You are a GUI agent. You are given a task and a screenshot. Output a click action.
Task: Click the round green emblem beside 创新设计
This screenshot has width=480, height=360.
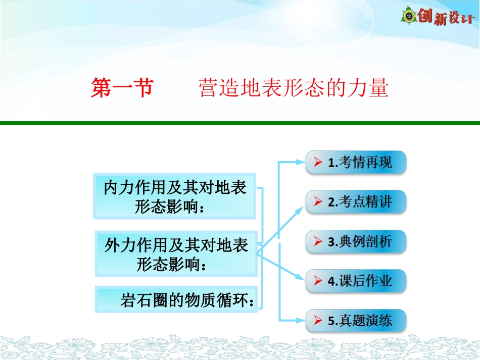tap(409, 17)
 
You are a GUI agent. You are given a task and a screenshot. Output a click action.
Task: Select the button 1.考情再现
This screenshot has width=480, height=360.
tap(356, 163)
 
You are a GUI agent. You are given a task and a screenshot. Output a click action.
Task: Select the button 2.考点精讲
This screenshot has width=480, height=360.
tap(356, 202)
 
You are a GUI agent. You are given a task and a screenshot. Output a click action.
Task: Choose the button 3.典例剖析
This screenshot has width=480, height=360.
tap(356, 241)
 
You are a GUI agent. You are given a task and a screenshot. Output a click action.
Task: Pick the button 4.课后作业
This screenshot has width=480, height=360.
tap(356, 281)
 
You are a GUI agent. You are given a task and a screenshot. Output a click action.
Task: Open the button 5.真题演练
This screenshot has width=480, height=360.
tap(356, 320)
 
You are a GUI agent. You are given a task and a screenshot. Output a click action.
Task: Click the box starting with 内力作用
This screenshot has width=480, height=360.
tap(174, 196)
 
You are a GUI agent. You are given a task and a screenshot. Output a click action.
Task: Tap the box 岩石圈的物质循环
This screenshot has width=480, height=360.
tap(176, 300)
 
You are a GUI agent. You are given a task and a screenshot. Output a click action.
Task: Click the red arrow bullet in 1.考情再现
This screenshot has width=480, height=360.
tap(318, 163)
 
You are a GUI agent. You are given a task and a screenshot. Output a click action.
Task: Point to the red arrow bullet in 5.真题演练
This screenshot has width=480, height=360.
tap(318, 320)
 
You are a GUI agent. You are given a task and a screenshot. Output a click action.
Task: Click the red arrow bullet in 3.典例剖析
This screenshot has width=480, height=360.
tap(318, 241)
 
